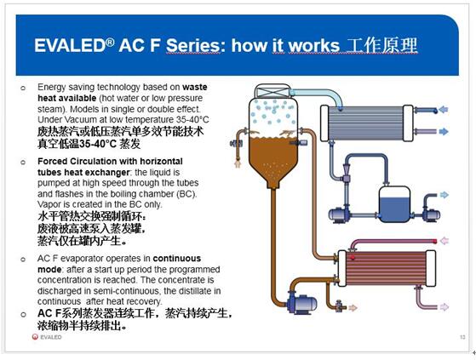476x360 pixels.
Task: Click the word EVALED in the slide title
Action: [71, 45]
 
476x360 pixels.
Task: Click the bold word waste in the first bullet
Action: [195, 88]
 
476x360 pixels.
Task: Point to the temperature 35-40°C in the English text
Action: [192, 119]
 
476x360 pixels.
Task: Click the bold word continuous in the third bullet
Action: [176, 259]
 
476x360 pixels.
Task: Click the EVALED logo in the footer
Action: [47, 337]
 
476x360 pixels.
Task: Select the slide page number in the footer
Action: [462, 337]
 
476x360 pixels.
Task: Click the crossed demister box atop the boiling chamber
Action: [272, 91]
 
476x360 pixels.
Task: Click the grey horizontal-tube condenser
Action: [367, 123]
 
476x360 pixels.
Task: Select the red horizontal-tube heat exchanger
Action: [387, 268]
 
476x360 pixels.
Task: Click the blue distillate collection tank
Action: [394, 204]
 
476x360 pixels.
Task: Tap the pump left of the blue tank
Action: [339, 214]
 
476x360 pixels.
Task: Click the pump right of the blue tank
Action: [430, 214]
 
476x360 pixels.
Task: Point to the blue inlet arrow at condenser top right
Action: [444, 110]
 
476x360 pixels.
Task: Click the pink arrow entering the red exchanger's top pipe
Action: [444, 241]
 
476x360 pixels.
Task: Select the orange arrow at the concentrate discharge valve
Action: [353, 308]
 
